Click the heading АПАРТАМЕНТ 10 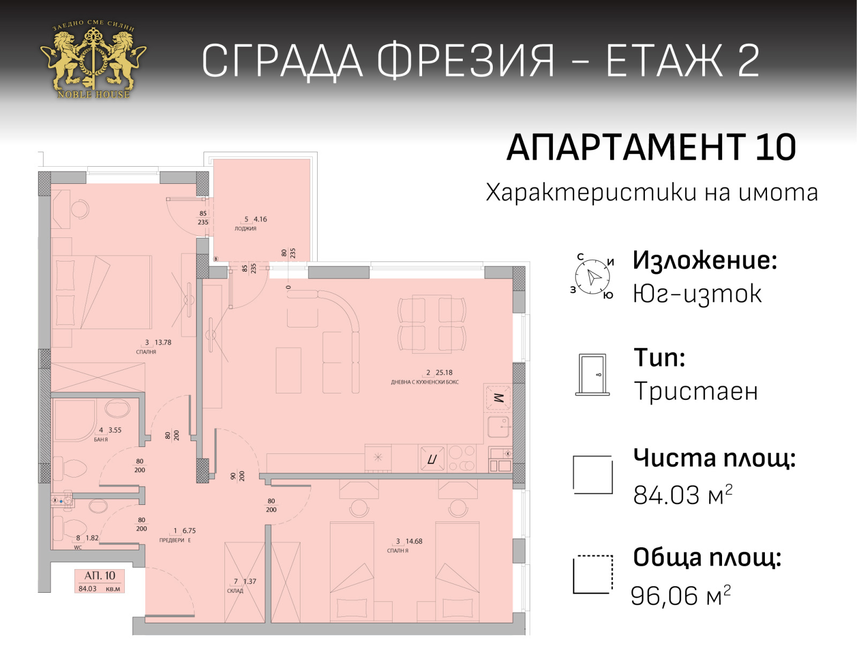point(651,148)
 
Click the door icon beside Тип point(592,375)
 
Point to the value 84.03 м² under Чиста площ point(683,495)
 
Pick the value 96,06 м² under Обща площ point(681,595)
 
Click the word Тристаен point(696,391)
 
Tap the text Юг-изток point(697,294)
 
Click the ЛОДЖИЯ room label point(245,228)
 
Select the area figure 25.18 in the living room point(444,372)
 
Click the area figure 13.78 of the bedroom point(163,342)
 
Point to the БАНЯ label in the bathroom point(101,439)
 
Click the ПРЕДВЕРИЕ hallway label point(175,540)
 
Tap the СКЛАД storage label point(235,591)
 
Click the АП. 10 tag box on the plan point(100,580)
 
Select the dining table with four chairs point(432,324)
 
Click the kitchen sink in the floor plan point(498,427)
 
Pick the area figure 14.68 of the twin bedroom point(414,541)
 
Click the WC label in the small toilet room point(78,547)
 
